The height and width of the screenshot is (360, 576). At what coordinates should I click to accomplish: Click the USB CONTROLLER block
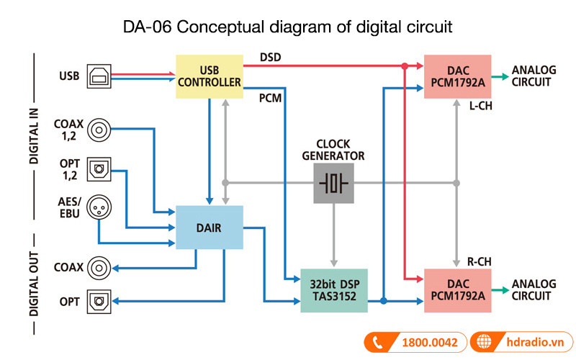pos(210,76)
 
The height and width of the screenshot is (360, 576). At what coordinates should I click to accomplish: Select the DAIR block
pos(210,227)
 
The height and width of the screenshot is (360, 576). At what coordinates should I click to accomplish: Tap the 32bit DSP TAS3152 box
pos(333,291)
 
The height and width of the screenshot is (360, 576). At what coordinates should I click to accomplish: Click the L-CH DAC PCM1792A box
pos(457,76)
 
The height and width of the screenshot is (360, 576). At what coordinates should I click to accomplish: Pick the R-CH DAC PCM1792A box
pos(457,290)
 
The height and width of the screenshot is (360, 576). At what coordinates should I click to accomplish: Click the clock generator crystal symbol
pos(333,183)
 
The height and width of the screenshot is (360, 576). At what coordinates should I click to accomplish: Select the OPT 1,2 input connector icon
pos(99,169)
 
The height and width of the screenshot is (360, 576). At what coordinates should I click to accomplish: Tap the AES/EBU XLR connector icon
pos(99,209)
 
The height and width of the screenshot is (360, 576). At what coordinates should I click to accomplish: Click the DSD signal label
pos(271,56)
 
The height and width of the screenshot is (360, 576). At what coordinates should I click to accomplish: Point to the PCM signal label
pos(271,96)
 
